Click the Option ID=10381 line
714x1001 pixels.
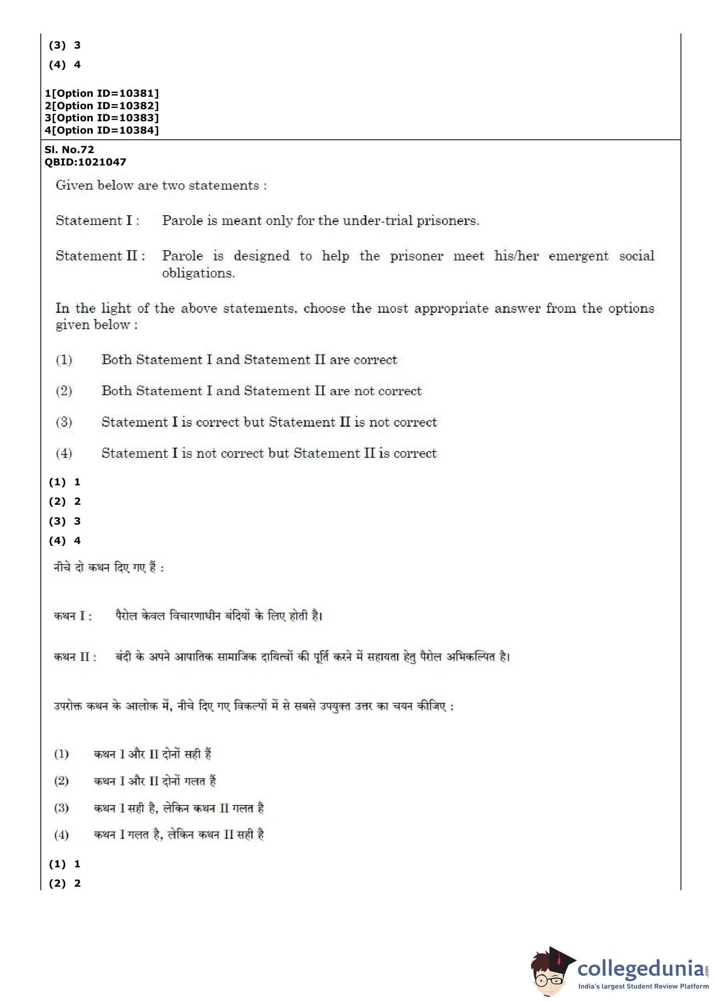click(101, 93)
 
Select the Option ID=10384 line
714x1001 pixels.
click(101, 130)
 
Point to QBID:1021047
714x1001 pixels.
click(85, 162)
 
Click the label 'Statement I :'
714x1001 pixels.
click(97, 220)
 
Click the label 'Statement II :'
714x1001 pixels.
click(100, 255)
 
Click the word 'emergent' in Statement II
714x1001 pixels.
click(578, 255)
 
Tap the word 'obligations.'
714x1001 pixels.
click(198, 273)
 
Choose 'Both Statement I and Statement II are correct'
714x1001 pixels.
click(249, 359)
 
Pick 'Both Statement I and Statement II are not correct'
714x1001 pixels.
click(261, 391)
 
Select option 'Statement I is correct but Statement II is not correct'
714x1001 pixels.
click(269, 422)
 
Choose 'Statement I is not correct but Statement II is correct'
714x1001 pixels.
click(269, 453)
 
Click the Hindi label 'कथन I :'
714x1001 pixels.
click(73, 616)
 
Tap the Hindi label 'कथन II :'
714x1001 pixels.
click(75, 657)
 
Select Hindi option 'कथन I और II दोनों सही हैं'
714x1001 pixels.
click(152, 754)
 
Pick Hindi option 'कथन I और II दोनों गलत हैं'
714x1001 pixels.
click(154, 781)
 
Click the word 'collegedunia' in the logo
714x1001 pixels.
click(640, 968)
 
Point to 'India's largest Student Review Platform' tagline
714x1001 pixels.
click(643, 987)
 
